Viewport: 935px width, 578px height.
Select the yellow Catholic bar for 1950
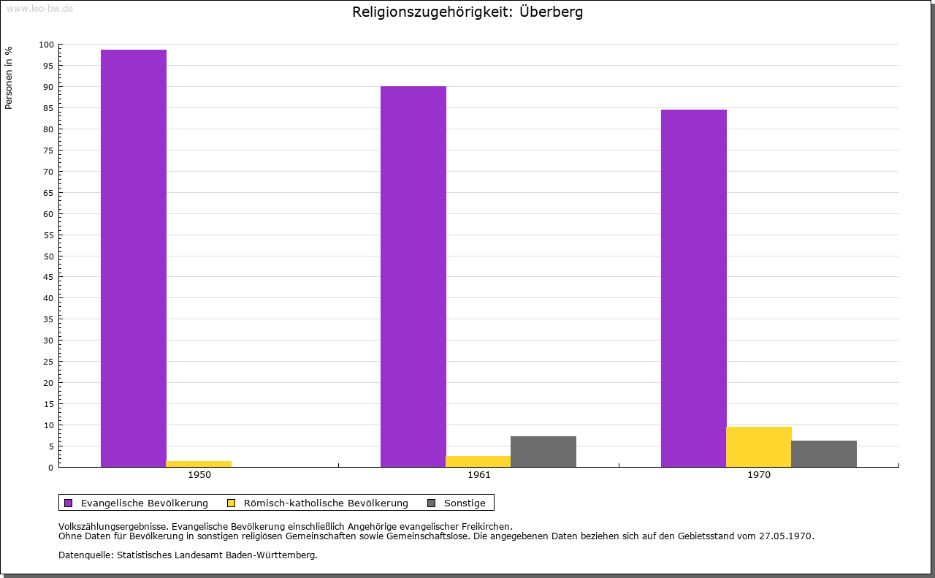coord(199,464)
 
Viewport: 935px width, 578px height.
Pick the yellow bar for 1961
coord(478,461)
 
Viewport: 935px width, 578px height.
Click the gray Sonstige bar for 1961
coord(543,452)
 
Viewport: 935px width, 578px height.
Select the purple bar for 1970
coord(694,288)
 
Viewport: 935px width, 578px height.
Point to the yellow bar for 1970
coord(759,446)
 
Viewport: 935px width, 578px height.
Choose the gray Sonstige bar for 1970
coord(824,454)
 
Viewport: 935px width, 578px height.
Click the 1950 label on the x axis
coord(199,475)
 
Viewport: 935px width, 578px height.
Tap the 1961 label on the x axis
coord(479,475)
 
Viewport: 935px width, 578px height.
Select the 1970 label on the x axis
coord(759,475)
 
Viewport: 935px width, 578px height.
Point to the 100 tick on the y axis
coord(47,45)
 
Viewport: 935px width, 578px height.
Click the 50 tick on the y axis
coord(49,256)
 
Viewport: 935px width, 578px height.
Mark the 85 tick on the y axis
coord(49,108)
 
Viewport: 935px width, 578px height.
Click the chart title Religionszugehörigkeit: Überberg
coord(467,12)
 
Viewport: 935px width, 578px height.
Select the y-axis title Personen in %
coord(9,77)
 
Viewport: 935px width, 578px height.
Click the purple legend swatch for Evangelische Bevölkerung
coord(69,503)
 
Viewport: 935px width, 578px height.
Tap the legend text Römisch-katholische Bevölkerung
coord(326,503)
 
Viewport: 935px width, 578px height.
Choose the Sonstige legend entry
coord(465,503)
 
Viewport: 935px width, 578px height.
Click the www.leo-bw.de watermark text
coord(39,8)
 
